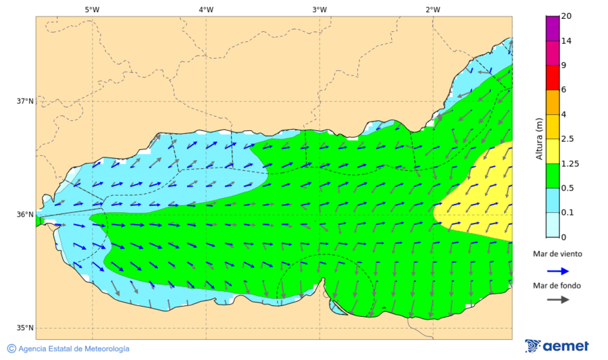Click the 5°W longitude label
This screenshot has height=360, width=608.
(x=92, y=9)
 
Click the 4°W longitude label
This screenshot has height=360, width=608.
(x=206, y=9)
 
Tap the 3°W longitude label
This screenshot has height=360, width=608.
(x=320, y=9)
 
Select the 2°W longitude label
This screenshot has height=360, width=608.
(x=433, y=9)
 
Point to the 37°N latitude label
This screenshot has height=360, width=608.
(x=25, y=101)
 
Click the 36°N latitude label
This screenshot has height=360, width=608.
(x=25, y=215)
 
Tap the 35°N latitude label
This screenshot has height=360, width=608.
(x=25, y=328)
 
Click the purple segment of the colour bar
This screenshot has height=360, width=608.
(x=553, y=28)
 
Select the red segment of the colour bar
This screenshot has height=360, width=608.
(x=553, y=77)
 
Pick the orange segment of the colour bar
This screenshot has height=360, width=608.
(x=553, y=102)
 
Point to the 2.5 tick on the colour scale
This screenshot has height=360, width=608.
(x=568, y=139)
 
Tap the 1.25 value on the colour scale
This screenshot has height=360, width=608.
(x=570, y=163)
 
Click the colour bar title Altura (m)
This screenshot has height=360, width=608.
(x=539, y=139)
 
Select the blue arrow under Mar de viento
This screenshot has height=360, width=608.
(x=557, y=269)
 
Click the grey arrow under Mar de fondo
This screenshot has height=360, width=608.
(x=557, y=300)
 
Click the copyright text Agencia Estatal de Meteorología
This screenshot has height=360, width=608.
(x=74, y=349)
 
